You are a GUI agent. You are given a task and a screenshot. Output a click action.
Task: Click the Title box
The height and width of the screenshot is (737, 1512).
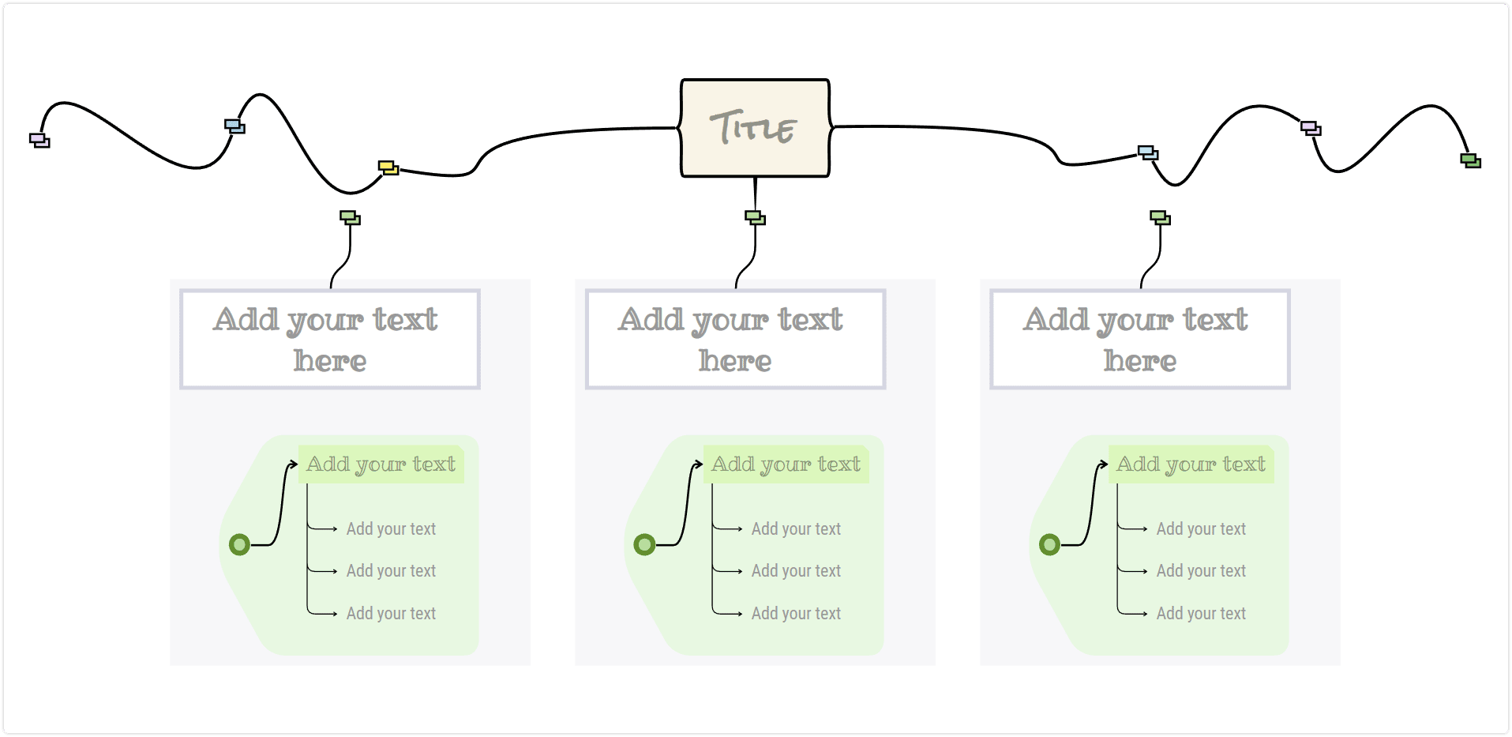755,128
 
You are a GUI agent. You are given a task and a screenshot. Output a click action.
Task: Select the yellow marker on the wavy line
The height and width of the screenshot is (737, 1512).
388,167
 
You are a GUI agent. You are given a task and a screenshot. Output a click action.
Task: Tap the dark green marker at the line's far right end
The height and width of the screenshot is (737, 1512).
1470,160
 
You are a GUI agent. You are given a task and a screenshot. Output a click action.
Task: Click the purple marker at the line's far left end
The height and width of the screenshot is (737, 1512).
39,140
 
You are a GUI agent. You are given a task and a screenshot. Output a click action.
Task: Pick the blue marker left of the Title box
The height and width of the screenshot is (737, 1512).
234,126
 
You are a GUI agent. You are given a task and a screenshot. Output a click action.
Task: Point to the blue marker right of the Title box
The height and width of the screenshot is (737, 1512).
1148,152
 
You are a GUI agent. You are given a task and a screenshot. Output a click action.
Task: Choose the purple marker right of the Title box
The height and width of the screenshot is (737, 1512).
1311,128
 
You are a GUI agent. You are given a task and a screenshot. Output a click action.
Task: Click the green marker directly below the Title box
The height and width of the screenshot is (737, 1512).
756,217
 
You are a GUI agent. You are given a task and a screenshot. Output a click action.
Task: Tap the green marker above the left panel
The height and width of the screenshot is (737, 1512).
350,217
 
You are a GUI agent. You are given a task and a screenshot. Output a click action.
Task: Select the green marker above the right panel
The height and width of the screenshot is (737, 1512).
1160,217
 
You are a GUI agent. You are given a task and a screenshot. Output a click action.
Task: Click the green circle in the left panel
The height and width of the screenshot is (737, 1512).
239,544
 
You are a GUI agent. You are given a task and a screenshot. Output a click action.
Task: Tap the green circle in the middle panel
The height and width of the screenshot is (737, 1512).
644,544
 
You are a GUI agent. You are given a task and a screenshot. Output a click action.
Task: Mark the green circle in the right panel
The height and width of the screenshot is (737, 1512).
1049,544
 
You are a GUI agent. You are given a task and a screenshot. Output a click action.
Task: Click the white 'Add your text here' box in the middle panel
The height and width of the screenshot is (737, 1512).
735,340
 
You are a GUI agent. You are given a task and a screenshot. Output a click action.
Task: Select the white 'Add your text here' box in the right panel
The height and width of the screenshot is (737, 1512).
1140,340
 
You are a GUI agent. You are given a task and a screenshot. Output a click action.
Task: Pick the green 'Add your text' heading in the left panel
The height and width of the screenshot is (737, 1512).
381,464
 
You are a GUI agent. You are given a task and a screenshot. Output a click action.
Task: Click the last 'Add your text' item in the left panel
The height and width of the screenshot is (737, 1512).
391,613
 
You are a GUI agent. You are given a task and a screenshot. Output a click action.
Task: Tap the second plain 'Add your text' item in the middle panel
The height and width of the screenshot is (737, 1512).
796,570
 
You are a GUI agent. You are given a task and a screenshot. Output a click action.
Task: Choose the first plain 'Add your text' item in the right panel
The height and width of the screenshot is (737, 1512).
1201,528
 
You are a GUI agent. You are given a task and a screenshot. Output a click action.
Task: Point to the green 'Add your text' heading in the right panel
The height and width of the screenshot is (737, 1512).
1191,464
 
